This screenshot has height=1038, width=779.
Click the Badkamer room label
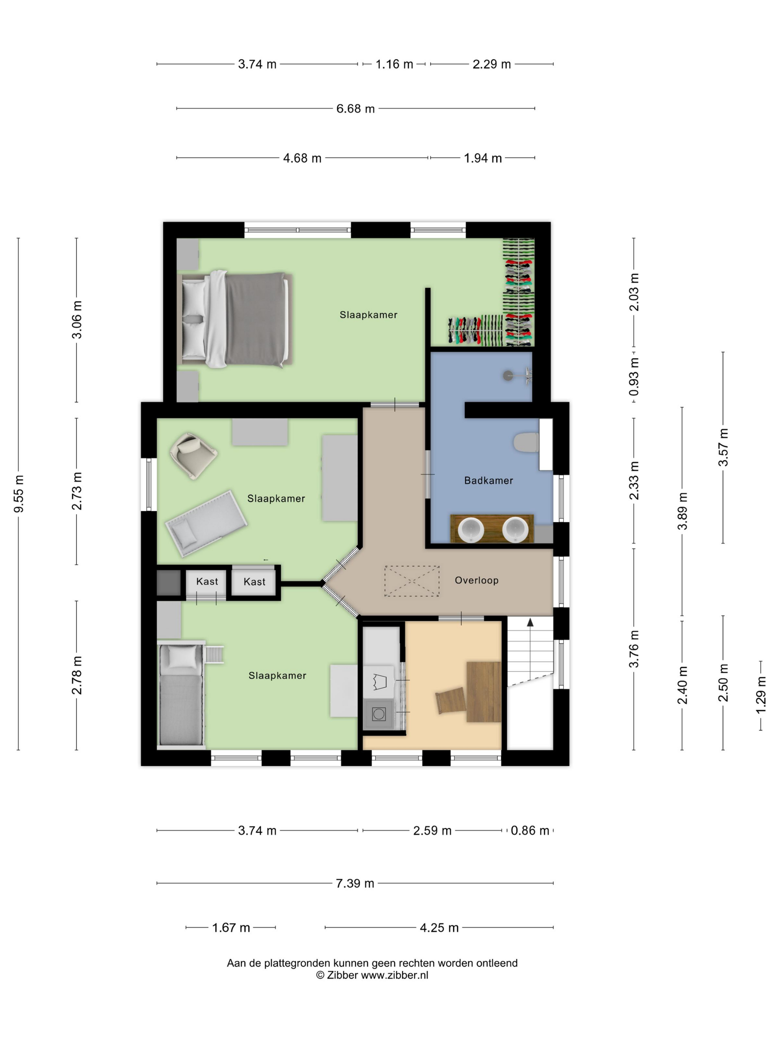[x=488, y=480]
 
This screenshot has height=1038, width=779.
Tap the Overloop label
[x=476, y=580]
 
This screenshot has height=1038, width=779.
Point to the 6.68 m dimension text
[x=355, y=108]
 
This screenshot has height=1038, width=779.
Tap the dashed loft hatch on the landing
[x=412, y=581]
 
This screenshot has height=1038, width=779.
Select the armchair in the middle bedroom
[x=193, y=455]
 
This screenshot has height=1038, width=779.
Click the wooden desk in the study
[x=483, y=691]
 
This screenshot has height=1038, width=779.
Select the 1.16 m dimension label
[x=394, y=64]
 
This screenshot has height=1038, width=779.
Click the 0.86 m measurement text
[x=530, y=831]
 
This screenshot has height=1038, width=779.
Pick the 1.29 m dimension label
[x=761, y=695]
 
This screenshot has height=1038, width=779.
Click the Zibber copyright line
[x=372, y=975]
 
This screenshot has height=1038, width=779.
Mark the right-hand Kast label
[x=254, y=582]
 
